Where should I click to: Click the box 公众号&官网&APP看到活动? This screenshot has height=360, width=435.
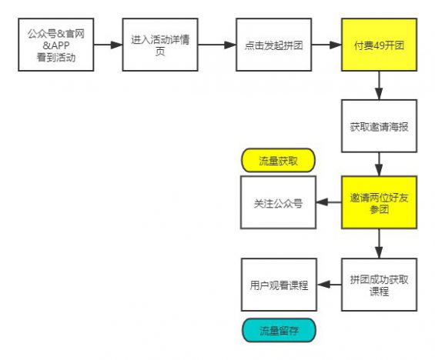tap(56, 45)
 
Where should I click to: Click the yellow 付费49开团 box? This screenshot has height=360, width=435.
tap(380, 45)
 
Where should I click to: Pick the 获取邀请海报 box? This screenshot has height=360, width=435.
tap(380, 125)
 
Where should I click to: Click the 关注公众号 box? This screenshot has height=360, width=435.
tap(278, 203)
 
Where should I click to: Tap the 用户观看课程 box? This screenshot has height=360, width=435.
tap(278, 285)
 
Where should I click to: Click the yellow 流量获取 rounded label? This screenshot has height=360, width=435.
tap(278, 160)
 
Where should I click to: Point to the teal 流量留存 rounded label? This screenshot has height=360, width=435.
tap(278, 330)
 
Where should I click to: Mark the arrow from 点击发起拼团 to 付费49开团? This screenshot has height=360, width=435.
tap(327, 45)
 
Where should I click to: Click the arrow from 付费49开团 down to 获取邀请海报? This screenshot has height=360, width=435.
tap(380, 85)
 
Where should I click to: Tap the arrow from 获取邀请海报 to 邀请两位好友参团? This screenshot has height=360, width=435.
tap(380, 164)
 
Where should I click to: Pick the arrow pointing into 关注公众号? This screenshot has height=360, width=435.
tap(330, 203)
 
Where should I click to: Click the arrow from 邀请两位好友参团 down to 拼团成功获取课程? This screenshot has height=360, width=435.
tap(380, 244)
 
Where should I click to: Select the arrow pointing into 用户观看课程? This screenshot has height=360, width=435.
tap(330, 285)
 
